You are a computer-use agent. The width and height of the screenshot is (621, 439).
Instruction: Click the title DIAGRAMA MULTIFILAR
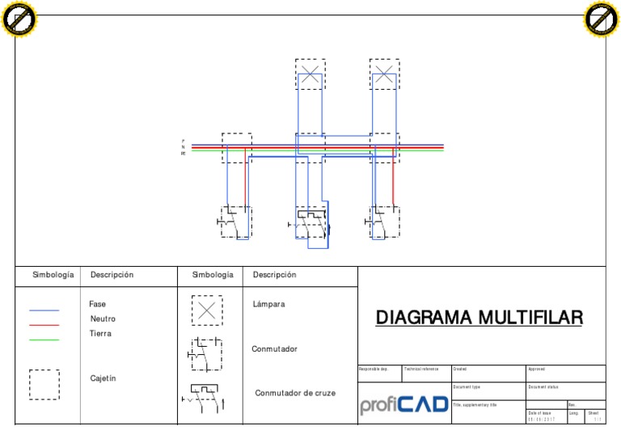pyautogui.click(x=479, y=318)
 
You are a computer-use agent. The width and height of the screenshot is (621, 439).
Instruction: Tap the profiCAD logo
pyautogui.click(x=403, y=403)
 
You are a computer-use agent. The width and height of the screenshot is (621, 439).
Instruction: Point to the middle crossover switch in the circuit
pyautogui.click(x=310, y=223)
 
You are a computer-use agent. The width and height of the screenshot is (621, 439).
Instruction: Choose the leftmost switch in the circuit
pyautogui.click(x=235, y=222)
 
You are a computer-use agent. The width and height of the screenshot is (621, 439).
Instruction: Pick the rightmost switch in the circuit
pyautogui.click(x=384, y=222)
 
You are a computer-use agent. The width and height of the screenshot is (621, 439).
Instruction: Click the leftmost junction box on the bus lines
pyautogui.click(x=236, y=148)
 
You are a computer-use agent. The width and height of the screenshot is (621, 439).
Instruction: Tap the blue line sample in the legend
pyautogui.click(x=44, y=310)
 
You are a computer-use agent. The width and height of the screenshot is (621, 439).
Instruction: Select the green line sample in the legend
pyautogui.click(x=44, y=340)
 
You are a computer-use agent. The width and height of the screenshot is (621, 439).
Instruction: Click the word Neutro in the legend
pyautogui.click(x=103, y=319)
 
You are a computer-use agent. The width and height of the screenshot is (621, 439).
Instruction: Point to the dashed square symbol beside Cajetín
pyautogui.click(x=44, y=384)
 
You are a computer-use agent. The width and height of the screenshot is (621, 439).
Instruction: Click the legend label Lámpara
pyautogui.click(x=268, y=305)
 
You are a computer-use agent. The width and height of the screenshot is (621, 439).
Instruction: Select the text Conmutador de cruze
pyautogui.click(x=295, y=394)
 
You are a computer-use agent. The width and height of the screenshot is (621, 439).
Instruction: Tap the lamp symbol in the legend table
pyautogui.click(x=207, y=310)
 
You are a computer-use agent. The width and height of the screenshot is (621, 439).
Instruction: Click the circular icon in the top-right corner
pyautogui.click(x=601, y=19)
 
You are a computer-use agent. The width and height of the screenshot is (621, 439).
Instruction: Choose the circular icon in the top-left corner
pyautogui.click(x=19, y=19)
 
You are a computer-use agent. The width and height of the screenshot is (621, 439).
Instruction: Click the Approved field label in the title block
pyautogui.click(x=536, y=369)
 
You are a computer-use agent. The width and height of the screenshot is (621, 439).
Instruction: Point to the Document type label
pyautogui.click(x=467, y=387)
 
